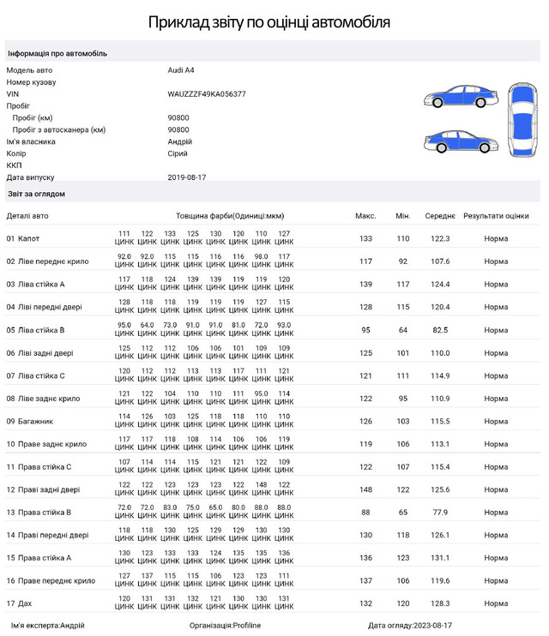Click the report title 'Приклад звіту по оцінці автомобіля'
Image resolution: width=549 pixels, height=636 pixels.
coord(269,22)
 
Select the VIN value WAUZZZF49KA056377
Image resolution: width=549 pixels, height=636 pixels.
coord(207,94)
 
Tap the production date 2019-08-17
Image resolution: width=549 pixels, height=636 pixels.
coord(187,177)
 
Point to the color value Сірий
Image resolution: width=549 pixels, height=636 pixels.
coord(178,153)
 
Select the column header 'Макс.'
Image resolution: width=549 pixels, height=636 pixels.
coord(365,216)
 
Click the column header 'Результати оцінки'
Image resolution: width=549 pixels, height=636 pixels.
coord(495,216)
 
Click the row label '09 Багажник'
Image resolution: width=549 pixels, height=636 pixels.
coord(29,422)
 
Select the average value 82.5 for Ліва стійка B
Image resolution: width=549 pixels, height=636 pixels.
coord(440,330)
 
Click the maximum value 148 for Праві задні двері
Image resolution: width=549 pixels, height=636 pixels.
coord(365,489)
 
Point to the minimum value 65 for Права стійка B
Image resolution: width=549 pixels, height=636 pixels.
coord(402,513)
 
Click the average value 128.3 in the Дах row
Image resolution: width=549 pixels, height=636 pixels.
coord(440,603)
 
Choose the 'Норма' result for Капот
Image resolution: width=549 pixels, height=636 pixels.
coord(495,238)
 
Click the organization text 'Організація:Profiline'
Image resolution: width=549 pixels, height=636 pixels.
coord(225,626)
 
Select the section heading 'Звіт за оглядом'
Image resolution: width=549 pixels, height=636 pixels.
coord(36,195)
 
